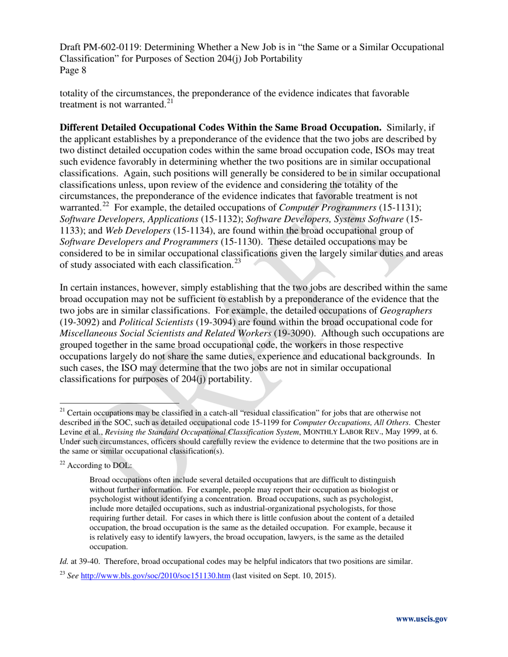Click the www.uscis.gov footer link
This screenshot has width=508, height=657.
pyautogui.click(x=421, y=619)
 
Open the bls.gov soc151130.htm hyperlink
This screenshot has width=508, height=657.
pyautogui.click(x=155, y=576)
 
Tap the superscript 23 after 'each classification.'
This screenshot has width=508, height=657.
pyautogui.click(x=237, y=262)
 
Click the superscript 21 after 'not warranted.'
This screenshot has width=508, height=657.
pyautogui.click(x=170, y=101)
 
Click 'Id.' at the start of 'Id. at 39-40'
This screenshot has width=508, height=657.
pyautogui.click(x=64, y=561)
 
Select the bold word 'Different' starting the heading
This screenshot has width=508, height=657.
pyautogui.click(x=80, y=128)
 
